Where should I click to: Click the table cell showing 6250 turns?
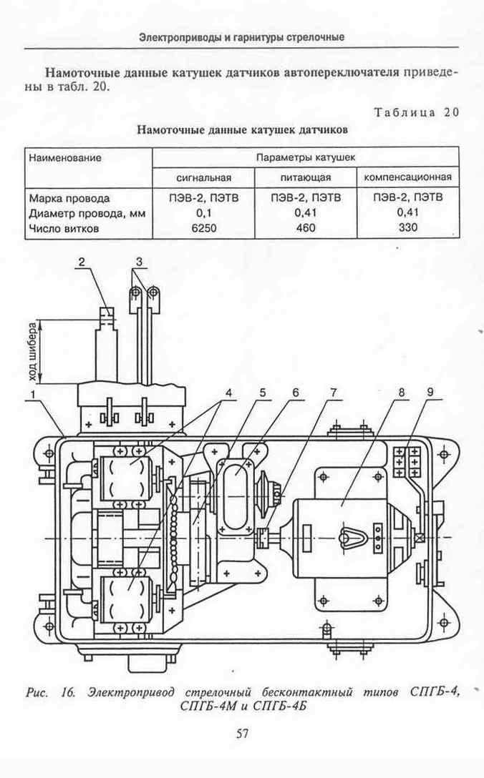204,229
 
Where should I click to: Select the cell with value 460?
306,228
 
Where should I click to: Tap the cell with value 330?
407,227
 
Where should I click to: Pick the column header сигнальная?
204,177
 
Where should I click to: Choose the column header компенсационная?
408,177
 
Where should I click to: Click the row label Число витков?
64,229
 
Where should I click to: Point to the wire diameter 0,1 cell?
204,214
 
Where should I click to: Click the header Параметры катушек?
306,158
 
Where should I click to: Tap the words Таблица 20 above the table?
417,112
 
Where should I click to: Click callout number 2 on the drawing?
82,262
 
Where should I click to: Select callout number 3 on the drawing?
140,262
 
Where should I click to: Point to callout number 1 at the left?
32,395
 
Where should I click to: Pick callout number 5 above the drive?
262,393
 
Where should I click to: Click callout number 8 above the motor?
401,393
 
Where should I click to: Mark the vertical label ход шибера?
33,353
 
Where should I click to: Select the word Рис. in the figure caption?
37,692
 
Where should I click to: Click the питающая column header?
306,177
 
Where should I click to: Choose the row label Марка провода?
69,199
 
